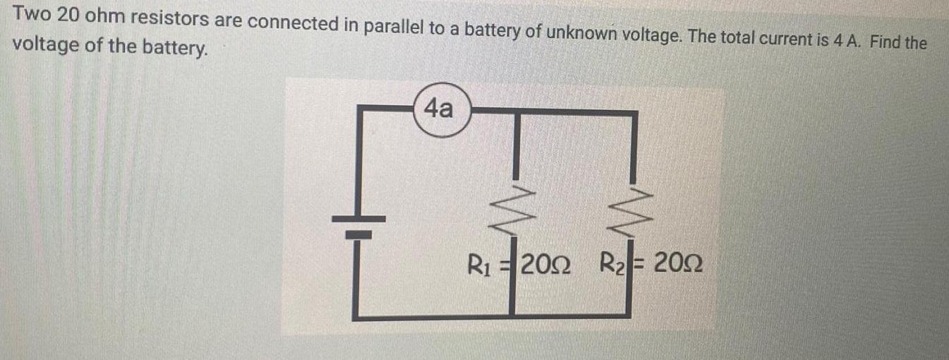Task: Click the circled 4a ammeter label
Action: pyautogui.click(x=440, y=111)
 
